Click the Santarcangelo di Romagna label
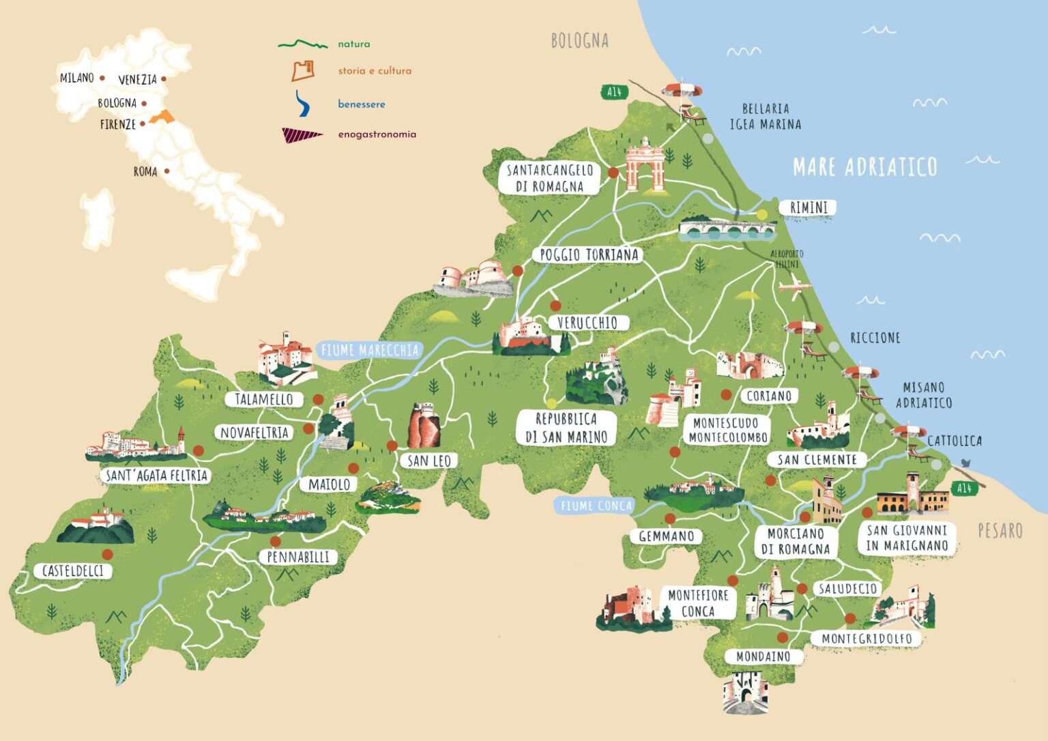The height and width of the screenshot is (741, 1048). [549, 178]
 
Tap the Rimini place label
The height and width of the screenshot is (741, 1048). [808, 207]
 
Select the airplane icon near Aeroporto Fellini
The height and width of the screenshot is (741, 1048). [794, 287]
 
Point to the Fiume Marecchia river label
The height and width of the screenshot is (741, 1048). [369, 351]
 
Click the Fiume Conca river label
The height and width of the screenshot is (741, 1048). [596, 506]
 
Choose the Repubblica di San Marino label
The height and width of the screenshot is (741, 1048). [566, 428]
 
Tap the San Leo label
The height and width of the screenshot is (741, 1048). [429, 461]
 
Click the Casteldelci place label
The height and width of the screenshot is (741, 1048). [72, 571]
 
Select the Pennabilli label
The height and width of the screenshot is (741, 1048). [298, 557]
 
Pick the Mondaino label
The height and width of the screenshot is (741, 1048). [763, 656]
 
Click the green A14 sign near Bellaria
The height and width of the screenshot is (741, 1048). [614, 92]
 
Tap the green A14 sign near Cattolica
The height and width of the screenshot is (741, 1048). [963, 489]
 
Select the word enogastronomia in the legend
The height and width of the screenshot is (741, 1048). [377, 134]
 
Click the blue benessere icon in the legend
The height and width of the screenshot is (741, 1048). [302, 104]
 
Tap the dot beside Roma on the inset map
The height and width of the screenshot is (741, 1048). [166, 171]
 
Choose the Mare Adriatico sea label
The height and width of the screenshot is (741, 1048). [864, 167]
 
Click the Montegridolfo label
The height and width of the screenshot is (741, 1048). [866, 639]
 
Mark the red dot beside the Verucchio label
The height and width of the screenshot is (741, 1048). [555, 306]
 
